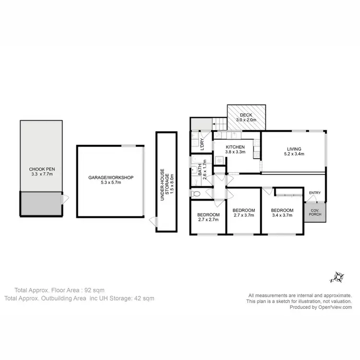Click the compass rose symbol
[x=338, y=277]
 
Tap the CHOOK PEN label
[x=41, y=172]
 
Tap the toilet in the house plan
[x=194, y=194]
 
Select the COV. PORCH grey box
[x=314, y=211]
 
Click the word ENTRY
[x=315, y=193]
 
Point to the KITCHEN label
[x=236, y=147]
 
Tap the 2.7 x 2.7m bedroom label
[x=208, y=217]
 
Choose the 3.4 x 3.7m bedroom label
[x=282, y=214]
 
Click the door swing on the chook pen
[x=65, y=197]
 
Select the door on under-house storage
[x=153, y=222]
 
